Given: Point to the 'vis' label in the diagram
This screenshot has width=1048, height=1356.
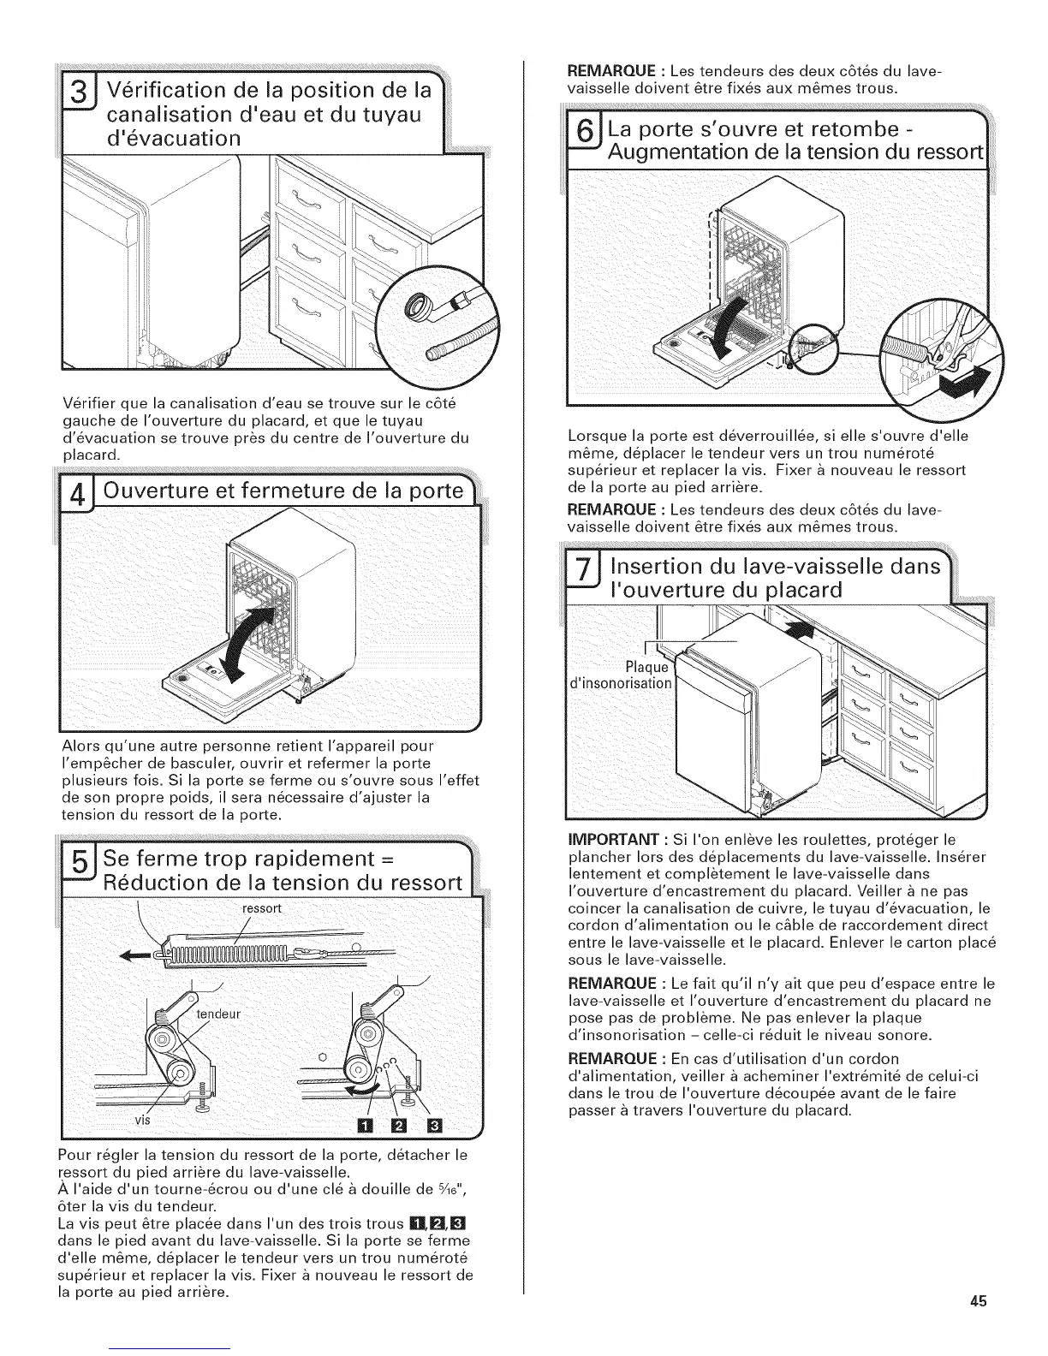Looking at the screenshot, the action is point(142,1120).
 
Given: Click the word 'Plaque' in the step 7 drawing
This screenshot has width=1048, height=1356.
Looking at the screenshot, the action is point(646,667).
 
